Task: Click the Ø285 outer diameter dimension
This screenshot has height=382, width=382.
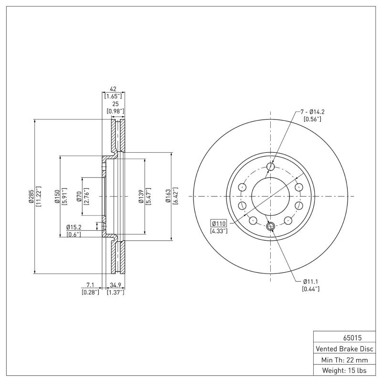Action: (x=31, y=196)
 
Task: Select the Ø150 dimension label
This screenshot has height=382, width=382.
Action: (x=56, y=196)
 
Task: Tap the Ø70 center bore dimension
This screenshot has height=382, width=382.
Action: (x=79, y=196)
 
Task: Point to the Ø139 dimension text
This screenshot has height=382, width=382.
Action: (x=141, y=196)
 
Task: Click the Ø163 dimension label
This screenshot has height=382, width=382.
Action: (x=168, y=196)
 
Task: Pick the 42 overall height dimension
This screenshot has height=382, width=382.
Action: (x=114, y=89)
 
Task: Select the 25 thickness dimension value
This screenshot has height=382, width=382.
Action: (x=115, y=104)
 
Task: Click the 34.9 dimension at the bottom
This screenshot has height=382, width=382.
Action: (x=115, y=285)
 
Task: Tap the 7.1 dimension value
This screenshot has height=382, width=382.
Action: (x=90, y=285)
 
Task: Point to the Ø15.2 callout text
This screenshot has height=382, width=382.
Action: (x=74, y=227)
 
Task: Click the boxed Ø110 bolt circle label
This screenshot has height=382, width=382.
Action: (x=219, y=223)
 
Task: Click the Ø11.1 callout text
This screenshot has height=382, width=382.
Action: (x=311, y=282)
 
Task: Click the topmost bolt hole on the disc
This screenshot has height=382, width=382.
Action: (x=271, y=166)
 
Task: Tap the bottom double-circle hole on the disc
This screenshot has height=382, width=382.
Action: (x=271, y=226)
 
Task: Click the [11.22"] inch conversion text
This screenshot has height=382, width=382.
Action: (x=39, y=196)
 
